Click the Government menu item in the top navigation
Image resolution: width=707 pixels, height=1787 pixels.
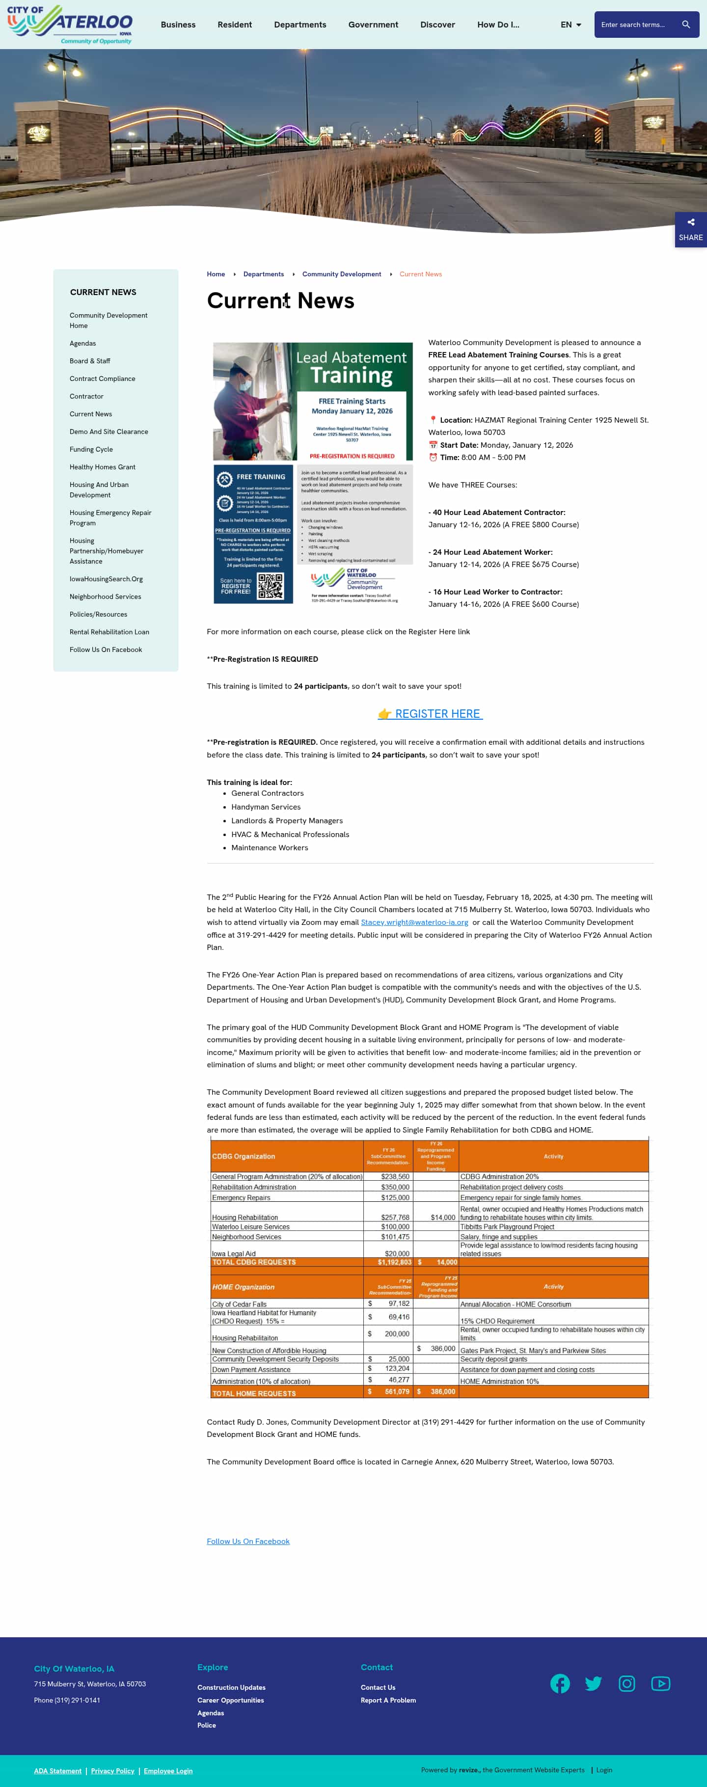[x=373, y=24]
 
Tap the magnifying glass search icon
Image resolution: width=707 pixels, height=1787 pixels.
[x=685, y=24]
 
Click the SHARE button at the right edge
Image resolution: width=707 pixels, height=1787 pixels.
[x=690, y=230]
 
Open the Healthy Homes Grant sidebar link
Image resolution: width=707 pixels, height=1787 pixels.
[x=103, y=467]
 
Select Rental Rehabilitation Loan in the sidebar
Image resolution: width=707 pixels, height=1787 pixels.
[x=109, y=632]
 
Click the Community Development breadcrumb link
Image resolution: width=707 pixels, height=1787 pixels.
[x=341, y=274]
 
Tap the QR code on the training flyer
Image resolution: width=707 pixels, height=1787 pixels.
[x=270, y=586]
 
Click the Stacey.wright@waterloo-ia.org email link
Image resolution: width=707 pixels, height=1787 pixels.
[x=414, y=922]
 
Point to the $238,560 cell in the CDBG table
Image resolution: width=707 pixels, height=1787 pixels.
[x=395, y=1177]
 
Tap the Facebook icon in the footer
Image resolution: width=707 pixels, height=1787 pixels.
[x=560, y=1683]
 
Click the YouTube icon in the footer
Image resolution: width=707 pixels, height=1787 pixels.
[x=660, y=1683]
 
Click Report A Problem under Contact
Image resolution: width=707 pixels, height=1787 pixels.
[x=388, y=1700]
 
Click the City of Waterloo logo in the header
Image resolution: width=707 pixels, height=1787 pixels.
[x=69, y=24]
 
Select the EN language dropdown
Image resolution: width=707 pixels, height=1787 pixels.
[x=571, y=24]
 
